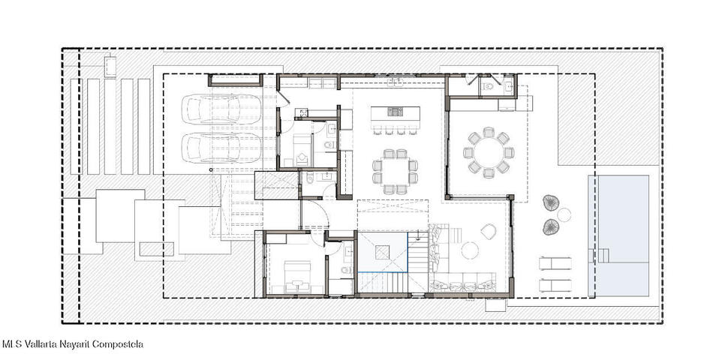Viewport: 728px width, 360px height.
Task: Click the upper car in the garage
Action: pos(222,109)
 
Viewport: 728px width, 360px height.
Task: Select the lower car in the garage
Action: pos(222,148)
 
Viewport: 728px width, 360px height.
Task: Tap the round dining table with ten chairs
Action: pos(489,153)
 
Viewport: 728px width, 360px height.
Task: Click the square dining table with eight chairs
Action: pos(395,172)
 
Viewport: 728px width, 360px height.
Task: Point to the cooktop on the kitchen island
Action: pos(395,111)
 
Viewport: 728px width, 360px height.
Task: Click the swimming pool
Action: pos(618,235)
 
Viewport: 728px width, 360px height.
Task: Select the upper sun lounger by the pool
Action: pos(555,263)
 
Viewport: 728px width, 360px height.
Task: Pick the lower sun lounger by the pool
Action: pos(555,285)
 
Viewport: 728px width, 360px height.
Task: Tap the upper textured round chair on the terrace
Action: pos(551,202)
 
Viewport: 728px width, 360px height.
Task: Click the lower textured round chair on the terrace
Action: pos(551,226)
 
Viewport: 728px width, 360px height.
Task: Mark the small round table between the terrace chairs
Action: pos(564,214)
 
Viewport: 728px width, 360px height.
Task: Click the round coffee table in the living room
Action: pos(470,250)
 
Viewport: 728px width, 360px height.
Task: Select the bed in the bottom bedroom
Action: pos(297,277)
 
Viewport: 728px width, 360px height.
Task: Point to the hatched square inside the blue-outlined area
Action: pos(383,252)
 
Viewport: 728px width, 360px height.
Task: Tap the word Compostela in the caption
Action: pos(118,344)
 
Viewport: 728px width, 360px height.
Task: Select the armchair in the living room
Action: pos(489,231)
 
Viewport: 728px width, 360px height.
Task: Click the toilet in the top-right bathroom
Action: pos(487,85)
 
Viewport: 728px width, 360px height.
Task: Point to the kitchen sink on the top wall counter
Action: pos(396,82)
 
